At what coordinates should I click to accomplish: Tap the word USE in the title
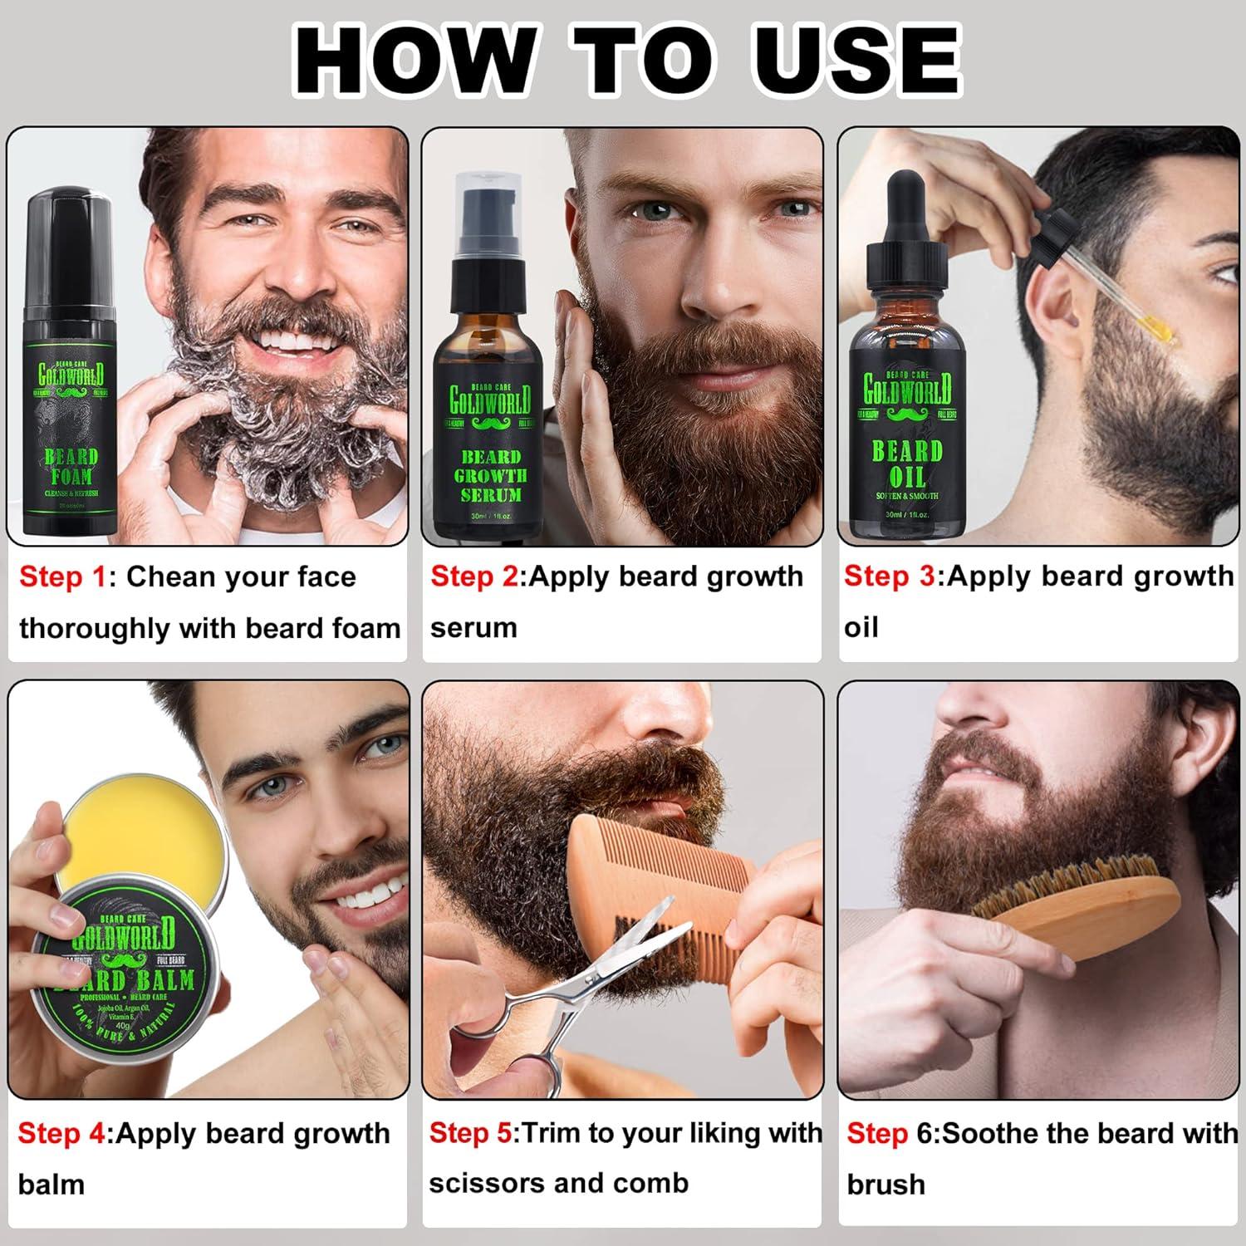[x=856, y=60]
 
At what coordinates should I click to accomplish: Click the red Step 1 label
[x=63, y=576]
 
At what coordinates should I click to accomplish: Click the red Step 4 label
[x=62, y=1133]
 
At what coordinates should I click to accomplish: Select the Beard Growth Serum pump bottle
[x=490, y=374]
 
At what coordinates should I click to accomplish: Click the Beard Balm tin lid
[x=129, y=972]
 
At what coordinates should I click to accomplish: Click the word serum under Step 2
[x=473, y=628]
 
